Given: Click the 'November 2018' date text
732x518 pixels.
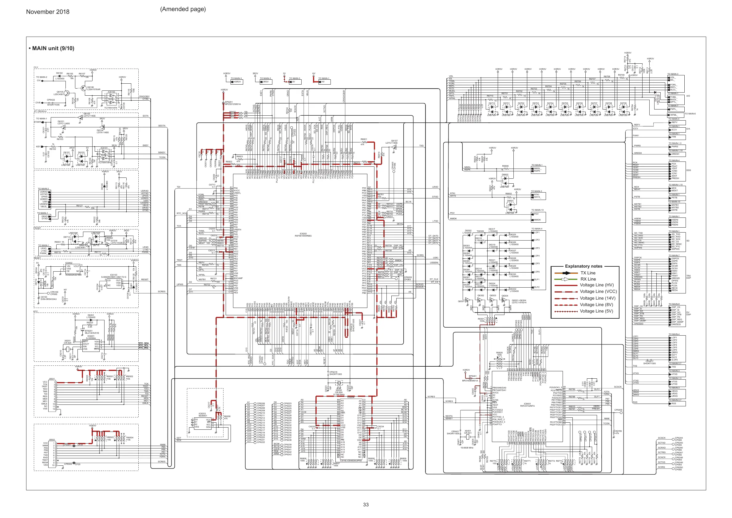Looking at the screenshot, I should (48, 12).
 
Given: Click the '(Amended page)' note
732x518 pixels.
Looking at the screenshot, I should (183, 9).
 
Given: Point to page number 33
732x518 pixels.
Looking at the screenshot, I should (366, 504).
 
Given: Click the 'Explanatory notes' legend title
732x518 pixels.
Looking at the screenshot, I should (584, 266).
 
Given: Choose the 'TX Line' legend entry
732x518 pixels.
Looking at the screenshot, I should (588, 273).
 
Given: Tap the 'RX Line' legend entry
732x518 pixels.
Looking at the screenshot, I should (588, 279).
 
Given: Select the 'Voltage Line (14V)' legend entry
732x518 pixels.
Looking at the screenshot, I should (597, 298).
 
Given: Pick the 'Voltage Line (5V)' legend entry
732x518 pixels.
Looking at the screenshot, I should (596, 311).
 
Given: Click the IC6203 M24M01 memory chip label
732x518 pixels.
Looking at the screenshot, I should (202, 414).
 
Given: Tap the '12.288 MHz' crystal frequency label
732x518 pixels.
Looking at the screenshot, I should (338, 395).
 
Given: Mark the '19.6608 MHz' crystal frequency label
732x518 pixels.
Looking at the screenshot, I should (467, 448).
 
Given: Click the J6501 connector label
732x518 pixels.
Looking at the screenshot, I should (51, 379).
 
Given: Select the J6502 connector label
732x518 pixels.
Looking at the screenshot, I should (51, 440).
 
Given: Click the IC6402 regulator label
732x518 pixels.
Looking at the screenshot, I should (69, 263).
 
